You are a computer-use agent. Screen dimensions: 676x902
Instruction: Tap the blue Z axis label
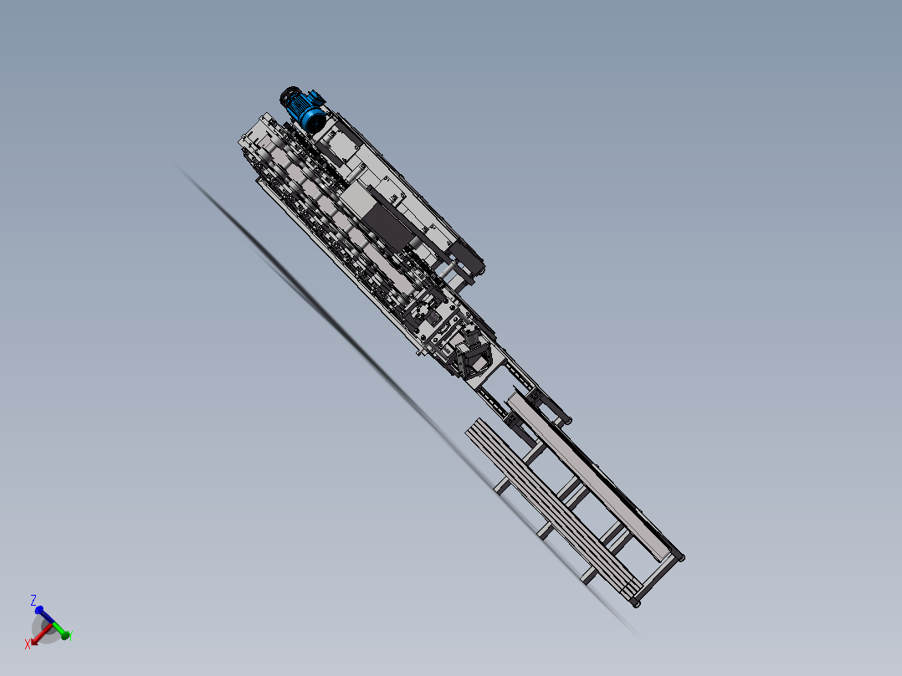click(x=33, y=600)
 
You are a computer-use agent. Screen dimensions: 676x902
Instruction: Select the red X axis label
click(x=28, y=643)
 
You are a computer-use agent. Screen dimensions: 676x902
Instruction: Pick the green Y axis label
click(x=69, y=636)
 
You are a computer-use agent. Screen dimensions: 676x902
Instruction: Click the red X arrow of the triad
click(x=38, y=635)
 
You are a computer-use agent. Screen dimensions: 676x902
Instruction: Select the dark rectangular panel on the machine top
click(x=388, y=228)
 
